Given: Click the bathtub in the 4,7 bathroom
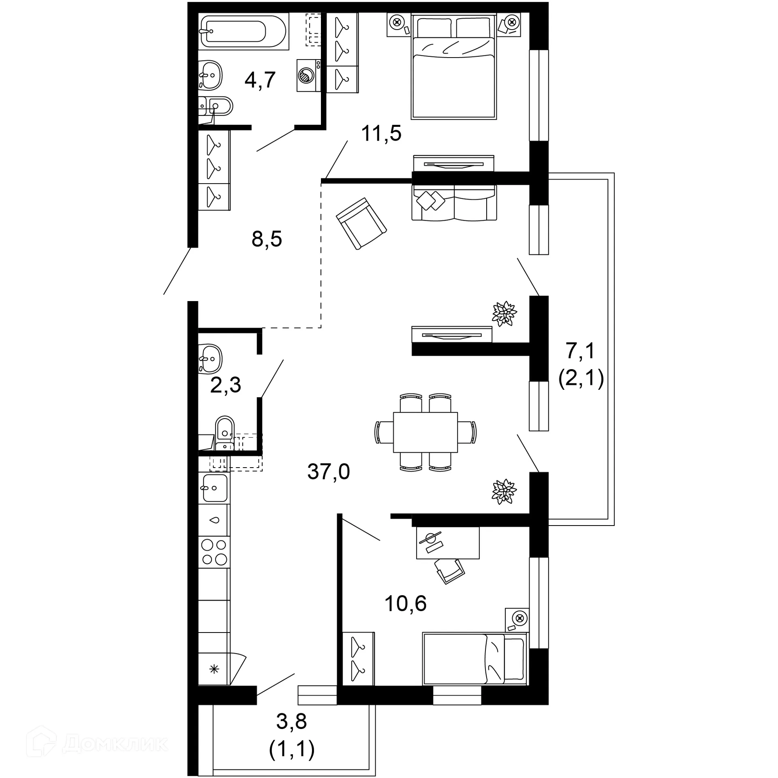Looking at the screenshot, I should [244, 32].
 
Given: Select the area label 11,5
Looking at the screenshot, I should [381, 133].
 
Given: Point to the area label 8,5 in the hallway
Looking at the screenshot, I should [267, 239].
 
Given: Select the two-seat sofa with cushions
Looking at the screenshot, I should [454, 203].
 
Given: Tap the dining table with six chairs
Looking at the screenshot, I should [425, 432].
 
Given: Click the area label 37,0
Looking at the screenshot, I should [328, 472].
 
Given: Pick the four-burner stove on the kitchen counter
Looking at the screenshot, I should [214, 552].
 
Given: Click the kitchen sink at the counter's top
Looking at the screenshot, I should [214, 488].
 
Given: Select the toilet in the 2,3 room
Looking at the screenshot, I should [225, 432].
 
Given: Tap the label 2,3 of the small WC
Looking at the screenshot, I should [225, 385].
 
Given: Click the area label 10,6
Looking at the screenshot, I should [405, 603].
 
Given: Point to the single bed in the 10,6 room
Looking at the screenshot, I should [474, 659].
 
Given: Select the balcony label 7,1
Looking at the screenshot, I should [580, 351].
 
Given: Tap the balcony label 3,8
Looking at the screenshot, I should [291, 721].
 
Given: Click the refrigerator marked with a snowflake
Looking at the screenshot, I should [214, 669].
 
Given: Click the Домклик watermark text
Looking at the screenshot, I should [115, 744].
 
